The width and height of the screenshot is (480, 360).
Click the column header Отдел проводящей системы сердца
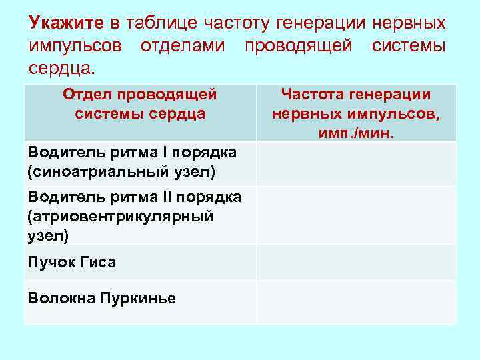(x=140, y=104)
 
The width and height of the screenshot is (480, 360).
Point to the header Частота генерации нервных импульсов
(x=356, y=105)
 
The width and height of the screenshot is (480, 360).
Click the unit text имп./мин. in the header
(x=356, y=133)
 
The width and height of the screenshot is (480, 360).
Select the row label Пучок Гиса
(x=72, y=262)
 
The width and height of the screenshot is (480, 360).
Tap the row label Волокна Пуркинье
(x=102, y=298)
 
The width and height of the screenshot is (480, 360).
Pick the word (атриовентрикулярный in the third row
(x=120, y=215)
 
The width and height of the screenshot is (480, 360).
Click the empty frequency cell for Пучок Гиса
(x=356, y=262)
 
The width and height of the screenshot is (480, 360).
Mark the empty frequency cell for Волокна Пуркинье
(x=356, y=301)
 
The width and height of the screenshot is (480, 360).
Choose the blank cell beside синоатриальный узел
(x=356, y=163)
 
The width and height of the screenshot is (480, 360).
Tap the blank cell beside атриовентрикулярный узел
(x=356, y=215)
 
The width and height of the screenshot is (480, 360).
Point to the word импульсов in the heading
(x=75, y=47)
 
